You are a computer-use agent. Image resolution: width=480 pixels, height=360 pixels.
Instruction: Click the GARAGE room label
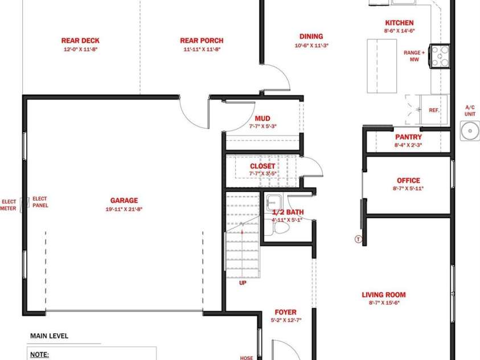(124, 201)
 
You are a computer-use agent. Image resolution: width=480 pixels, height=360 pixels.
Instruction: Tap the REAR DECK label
(80, 40)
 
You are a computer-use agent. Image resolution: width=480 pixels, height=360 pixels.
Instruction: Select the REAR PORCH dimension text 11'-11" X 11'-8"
(202, 50)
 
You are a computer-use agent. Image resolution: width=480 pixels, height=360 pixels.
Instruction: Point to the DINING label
(311, 36)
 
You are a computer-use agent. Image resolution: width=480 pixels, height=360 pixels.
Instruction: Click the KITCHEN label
(399, 23)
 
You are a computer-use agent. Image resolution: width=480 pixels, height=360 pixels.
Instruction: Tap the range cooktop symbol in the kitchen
(440, 56)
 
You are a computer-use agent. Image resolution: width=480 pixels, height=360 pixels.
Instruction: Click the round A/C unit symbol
(470, 130)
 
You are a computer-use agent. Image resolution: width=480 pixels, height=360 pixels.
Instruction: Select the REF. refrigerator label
(434, 110)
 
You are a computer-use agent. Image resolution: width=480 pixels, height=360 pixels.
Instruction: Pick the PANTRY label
(408, 137)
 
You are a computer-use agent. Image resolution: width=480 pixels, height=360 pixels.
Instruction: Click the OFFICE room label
(408, 181)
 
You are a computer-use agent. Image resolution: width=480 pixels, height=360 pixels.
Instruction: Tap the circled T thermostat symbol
(358, 239)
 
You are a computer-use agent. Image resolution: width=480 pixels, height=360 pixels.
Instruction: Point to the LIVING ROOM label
(384, 295)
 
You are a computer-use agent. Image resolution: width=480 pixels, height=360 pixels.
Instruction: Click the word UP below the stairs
(243, 283)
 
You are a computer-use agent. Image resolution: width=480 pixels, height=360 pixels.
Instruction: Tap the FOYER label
(286, 312)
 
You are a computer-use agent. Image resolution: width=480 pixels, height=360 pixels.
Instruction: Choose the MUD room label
(262, 118)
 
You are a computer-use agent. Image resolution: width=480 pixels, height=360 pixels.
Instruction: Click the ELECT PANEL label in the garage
(40, 202)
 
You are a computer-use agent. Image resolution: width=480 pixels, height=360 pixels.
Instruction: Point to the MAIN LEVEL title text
(49, 336)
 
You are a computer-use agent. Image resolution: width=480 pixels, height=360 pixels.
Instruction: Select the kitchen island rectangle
(382, 66)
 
